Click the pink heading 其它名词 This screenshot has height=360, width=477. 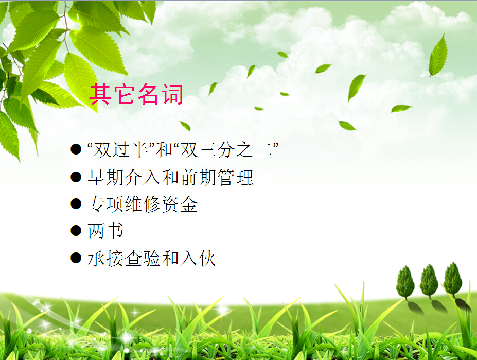point(136,94)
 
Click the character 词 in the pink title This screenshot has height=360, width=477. point(172,94)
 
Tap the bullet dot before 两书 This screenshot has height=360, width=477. point(76,231)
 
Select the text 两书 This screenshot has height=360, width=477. point(105,231)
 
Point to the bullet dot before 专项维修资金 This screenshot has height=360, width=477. point(76,204)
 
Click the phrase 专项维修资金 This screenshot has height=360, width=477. point(143,204)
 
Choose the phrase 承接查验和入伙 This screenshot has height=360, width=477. point(152,258)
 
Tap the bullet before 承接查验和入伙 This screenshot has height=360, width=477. point(76,258)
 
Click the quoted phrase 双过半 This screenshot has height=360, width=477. point(121,150)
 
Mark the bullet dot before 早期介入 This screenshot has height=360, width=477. point(76,177)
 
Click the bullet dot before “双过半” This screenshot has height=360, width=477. point(76,149)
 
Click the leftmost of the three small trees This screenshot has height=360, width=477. point(405,282)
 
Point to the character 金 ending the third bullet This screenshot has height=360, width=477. point(189,204)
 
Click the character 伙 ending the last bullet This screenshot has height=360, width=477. point(207,258)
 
